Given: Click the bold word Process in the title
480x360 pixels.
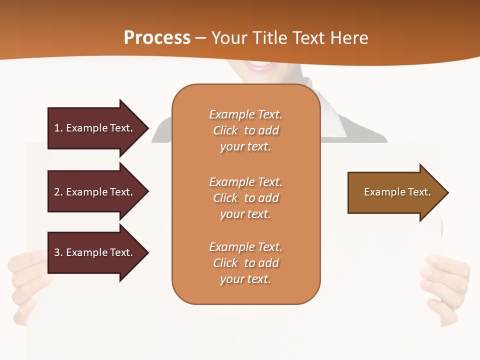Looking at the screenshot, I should pos(157,38).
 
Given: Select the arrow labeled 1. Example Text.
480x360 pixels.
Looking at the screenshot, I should pos(95,128).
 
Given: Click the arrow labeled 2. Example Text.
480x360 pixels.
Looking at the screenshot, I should pos(95,192).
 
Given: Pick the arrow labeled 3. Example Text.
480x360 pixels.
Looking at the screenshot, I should pos(95,252).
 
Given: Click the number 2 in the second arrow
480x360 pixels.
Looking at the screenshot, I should pos(57,192).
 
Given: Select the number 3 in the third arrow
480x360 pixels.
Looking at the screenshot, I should pos(57,252).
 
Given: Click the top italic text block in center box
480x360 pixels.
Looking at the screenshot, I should pos(245,130).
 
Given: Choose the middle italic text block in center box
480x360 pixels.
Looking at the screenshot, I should pos(245,198).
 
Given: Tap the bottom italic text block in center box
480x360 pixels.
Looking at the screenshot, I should pos(245,263).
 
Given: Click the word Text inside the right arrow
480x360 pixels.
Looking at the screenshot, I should pos(419,192).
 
